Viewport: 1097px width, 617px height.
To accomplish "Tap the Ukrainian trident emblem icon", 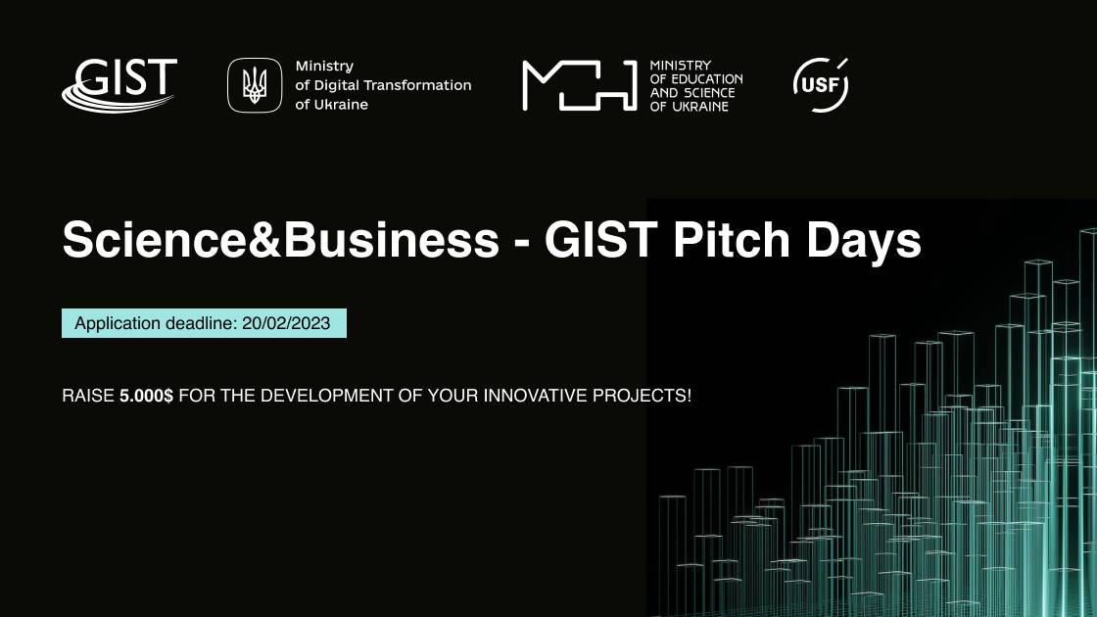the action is [255, 85].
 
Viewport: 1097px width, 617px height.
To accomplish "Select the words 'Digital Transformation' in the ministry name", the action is [392, 85].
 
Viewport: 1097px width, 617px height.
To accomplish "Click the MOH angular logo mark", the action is [579, 85].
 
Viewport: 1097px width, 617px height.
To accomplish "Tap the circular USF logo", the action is [821, 84].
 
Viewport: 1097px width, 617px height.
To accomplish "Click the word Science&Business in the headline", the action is [280, 240].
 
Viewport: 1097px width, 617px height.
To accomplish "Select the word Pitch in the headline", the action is [731, 240].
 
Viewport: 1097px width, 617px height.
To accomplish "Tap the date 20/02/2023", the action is [286, 323].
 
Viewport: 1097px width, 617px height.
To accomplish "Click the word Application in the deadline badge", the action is [118, 324].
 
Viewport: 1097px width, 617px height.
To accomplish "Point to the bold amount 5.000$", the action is [146, 396].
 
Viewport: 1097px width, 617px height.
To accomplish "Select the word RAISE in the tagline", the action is [88, 396].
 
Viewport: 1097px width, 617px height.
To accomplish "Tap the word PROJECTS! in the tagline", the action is [643, 396].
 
